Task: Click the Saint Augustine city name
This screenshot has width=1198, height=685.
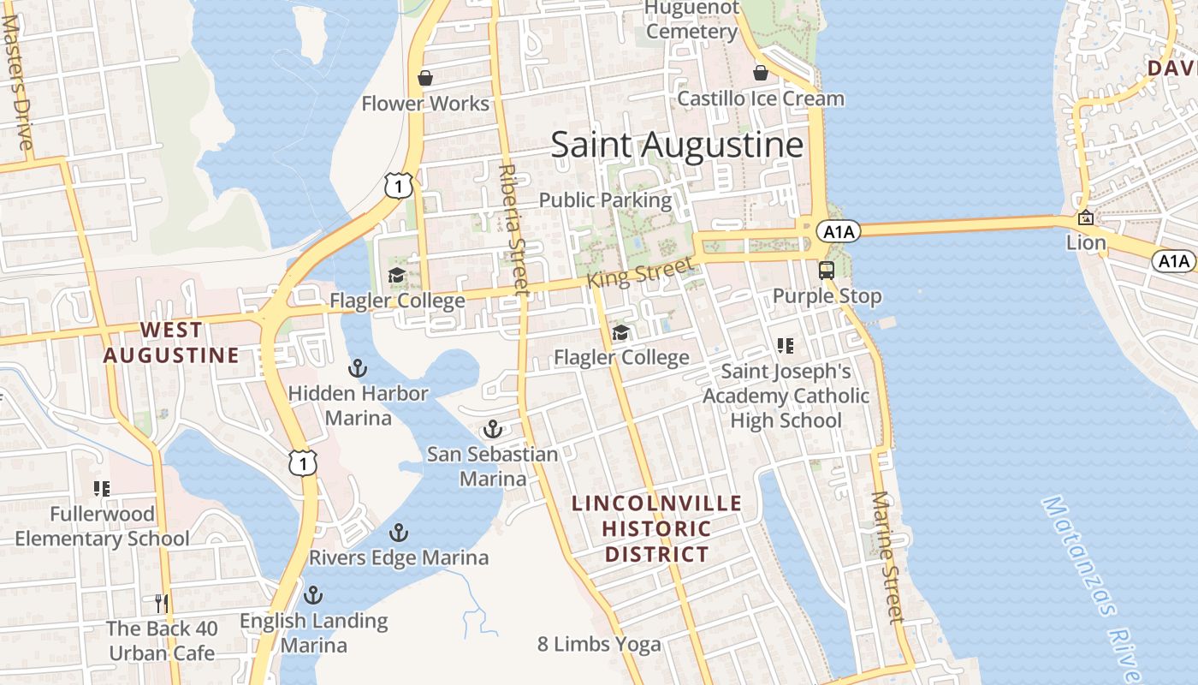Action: click(677, 145)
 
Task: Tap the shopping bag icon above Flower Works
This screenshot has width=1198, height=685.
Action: click(424, 79)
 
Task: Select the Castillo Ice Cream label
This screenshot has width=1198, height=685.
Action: click(761, 98)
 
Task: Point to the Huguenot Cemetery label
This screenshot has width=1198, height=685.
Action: click(691, 21)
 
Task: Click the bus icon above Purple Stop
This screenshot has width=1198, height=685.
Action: click(826, 271)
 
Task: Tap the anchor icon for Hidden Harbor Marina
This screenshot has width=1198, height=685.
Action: click(358, 369)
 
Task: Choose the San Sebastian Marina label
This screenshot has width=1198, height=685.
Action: click(493, 467)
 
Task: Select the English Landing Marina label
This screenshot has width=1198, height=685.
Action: click(314, 633)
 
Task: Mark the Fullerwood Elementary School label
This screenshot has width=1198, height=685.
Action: click(103, 527)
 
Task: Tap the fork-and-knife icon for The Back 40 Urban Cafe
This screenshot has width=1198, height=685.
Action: click(161, 603)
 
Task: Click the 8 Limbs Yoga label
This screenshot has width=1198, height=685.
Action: click(599, 645)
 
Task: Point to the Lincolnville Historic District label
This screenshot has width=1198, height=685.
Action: click(657, 528)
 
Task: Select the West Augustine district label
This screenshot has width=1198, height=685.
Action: click(171, 342)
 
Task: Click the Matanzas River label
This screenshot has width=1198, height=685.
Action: click(1093, 582)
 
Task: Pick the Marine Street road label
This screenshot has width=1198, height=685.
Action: click(887, 557)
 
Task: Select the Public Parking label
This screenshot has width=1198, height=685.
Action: click(605, 200)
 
